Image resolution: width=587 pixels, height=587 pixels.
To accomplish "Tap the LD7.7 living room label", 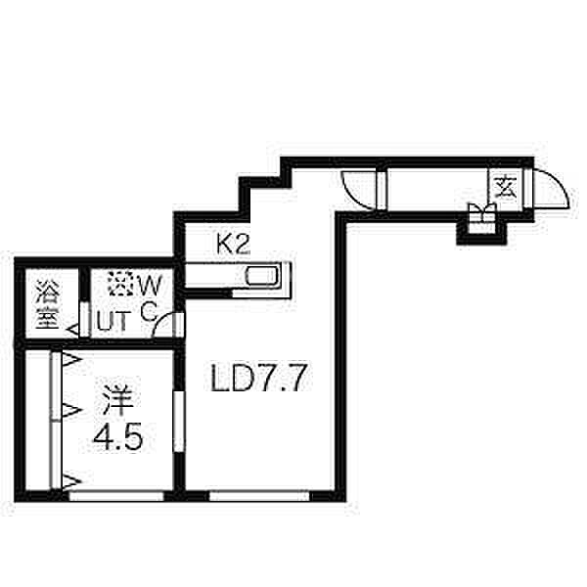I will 261,379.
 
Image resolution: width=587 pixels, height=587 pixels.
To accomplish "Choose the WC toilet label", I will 148,297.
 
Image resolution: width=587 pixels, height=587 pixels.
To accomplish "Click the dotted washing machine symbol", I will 117,285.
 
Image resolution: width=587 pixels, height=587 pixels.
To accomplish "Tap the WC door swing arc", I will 166,324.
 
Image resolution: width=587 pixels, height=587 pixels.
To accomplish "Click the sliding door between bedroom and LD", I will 177,421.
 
